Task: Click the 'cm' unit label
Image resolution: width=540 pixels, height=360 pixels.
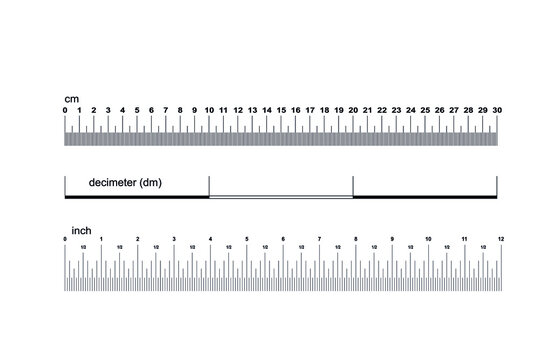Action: pyautogui.click(x=71, y=99)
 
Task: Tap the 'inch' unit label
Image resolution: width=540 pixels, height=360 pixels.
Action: pyautogui.click(x=82, y=230)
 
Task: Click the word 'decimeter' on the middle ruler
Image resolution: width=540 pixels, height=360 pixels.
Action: pyautogui.click(x=112, y=183)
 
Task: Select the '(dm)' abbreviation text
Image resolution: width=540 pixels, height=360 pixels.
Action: pyautogui.click(x=150, y=183)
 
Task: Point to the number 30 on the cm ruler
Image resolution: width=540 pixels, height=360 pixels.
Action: pyautogui.click(x=497, y=111)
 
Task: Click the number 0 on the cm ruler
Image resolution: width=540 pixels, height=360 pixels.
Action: pyautogui.click(x=65, y=111)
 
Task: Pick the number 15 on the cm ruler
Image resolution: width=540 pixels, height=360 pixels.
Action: pyautogui.click(x=281, y=111)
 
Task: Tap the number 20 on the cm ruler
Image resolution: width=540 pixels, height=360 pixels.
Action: pyautogui.click(x=353, y=111)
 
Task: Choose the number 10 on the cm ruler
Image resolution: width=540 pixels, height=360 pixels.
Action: pyautogui.click(x=209, y=111)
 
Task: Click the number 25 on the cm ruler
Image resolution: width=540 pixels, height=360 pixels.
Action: pyautogui.click(x=425, y=111)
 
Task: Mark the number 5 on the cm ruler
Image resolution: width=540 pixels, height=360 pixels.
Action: pyautogui.click(x=137, y=111)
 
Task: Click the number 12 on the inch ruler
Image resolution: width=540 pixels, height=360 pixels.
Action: pyautogui.click(x=500, y=240)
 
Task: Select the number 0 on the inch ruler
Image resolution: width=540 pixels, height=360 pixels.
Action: pyautogui.click(x=65, y=240)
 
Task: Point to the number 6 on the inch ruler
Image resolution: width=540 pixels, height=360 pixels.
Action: pyautogui.click(x=283, y=240)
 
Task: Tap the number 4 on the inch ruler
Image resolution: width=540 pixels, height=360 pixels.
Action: pyautogui.click(x=210, y=240)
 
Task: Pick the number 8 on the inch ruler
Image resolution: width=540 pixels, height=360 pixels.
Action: pyautogui.click(x=356, y=240)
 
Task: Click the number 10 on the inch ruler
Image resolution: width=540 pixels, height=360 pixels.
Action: pyautogui.click(x=428, y=240)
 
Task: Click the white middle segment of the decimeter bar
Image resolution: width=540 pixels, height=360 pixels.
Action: pyautogui.click(x=281, y=197)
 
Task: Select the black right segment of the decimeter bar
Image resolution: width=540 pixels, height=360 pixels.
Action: pyautogui.click(x=425, y=197)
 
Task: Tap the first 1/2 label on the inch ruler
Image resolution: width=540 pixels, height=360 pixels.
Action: pyautogui.click(x=83, y=247)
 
